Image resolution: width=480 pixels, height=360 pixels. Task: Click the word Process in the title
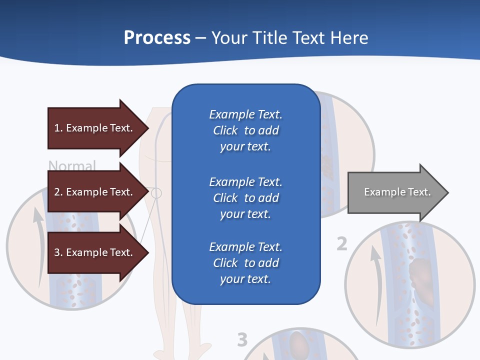pyautogui.click(x=157, y=37)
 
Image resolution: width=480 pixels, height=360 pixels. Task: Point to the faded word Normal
pyautogui.click(x=72, y=165)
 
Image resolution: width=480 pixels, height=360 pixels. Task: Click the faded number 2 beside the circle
pyautogui.click(x=341, y=244)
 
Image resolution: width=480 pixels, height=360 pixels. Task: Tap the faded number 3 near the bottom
pyautogui.click(x=242, y=340)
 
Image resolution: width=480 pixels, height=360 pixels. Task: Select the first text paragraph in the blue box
pyautogui.click(x=245, y=130)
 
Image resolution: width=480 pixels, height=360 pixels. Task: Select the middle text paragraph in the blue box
pyautogui.click(x=245, y=197)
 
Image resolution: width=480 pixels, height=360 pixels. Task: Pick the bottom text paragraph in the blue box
pyautogui.click(x=245, y=263)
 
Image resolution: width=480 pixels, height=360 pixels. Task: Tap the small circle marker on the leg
pyautogui.click(x=156, y=192)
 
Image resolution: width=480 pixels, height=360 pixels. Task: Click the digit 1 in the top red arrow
pyautogui.click(x=57, y=128)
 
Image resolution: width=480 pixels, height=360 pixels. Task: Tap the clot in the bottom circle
pyautogui.click(x=300, y=344)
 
